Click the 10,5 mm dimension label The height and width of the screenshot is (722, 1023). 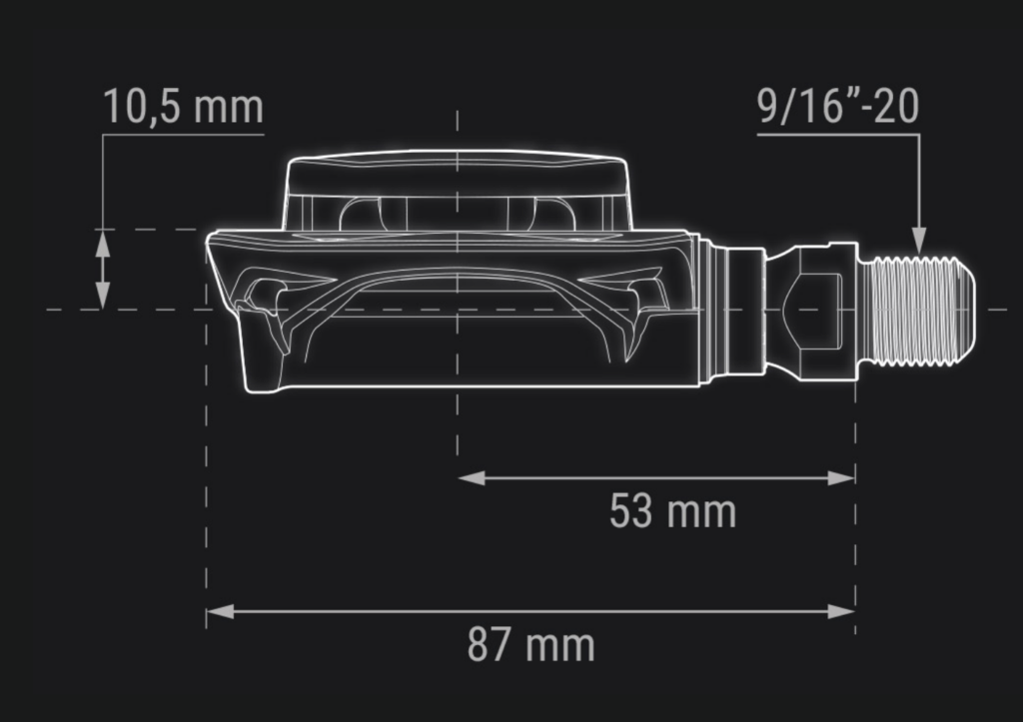coord(184,106)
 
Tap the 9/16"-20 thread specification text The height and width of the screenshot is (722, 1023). coord(838,106)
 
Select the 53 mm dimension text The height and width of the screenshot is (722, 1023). coord(672,510)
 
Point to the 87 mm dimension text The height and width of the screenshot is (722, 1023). coord(531,644)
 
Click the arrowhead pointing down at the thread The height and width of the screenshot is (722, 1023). coord(919,240)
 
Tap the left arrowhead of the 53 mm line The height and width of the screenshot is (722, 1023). coord(472,478)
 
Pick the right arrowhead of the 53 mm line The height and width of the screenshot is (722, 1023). coord(841,478)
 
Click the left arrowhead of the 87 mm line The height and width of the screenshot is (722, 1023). coord(220,612)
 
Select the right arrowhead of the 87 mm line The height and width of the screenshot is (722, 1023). coord(841,612)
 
